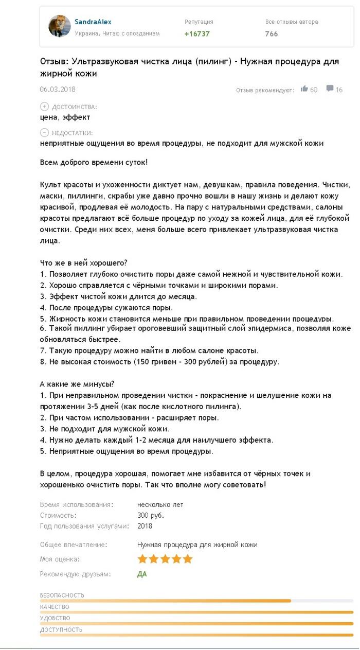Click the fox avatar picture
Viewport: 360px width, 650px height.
click(x=60, y=26)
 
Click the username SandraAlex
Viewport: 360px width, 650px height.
click(x=93, y=22)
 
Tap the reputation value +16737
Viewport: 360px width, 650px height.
click(x=197, y=34)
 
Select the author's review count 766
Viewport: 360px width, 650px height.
click(x=272, y=34)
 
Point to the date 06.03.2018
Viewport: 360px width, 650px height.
click(x=58, y=89)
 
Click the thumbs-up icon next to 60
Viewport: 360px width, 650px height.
click(x=304, y=89)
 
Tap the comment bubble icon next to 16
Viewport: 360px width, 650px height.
click(x=330, y=89)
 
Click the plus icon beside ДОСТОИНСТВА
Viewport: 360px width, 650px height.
click(x=44, y=107)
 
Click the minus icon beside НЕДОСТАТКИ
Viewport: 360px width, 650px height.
click(x=44, y=133)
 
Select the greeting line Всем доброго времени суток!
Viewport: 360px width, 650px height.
click(x=94, y=163)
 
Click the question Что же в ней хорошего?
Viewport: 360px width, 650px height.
click(x=83, y=263)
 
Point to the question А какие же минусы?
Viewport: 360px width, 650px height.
click(x=77, y=384)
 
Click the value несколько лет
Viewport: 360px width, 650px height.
click(x=160, y=504)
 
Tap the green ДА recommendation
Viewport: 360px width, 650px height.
click(x=142, y=574)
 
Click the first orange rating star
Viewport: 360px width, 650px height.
click(x=142, y=559)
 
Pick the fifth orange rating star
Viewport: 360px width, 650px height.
click(x=188, y=559)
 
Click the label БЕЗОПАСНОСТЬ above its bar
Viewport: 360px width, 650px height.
click(x=62, y=595)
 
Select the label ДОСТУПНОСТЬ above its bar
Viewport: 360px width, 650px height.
click(x=61, y=629)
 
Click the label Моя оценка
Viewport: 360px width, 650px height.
click(x=60, y=559)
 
